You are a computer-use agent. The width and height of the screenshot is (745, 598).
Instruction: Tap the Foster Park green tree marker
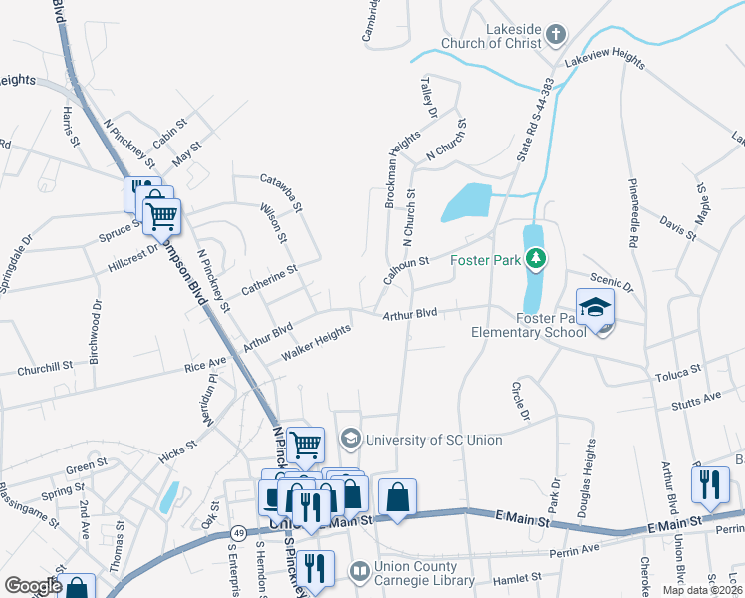[537, 261]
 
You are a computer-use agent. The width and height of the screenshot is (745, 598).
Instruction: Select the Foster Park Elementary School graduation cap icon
[595, 307]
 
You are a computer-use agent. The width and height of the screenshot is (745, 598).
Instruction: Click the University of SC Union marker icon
[350, 439]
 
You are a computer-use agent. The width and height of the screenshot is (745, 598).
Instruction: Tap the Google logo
[33, 586]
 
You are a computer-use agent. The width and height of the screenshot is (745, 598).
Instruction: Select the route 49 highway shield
[239, 534]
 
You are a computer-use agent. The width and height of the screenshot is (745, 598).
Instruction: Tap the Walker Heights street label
[316, 342]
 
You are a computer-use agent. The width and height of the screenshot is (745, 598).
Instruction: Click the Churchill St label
[45, 368]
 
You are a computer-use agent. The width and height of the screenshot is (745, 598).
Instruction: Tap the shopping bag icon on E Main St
[397, 498]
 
